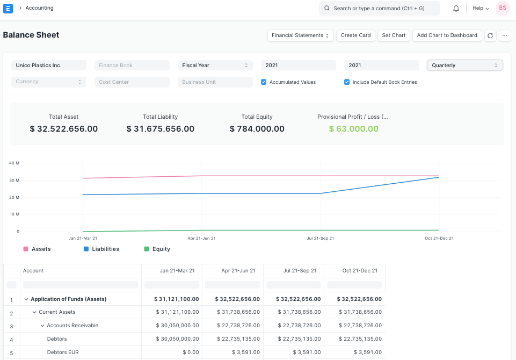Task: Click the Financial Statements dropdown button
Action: [x=300, y=35]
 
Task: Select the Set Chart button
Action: [x=394, y=35]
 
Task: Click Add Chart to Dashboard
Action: [x=447, y=35]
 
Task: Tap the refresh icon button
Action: [x=490, y=35]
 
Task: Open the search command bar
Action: [x=379, y=9]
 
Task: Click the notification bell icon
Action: [x=456, y=9]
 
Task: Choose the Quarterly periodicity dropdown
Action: [x=464, y=66]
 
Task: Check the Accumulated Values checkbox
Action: [x=264, y=82]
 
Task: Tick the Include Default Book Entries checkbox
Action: [x=347, y=82]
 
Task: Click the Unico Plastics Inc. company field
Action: [x=48, y=66]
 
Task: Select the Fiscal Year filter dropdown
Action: [x=215, y=66]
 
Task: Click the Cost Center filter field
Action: [x=132, y=82]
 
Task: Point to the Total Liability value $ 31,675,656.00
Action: [x=161, y=129]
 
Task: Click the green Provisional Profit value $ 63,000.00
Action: [x=353, y=129]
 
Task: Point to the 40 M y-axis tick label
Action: [x=14, y=163]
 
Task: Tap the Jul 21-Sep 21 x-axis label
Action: [x=321, y=238]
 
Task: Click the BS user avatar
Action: [x=503, y=8]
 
